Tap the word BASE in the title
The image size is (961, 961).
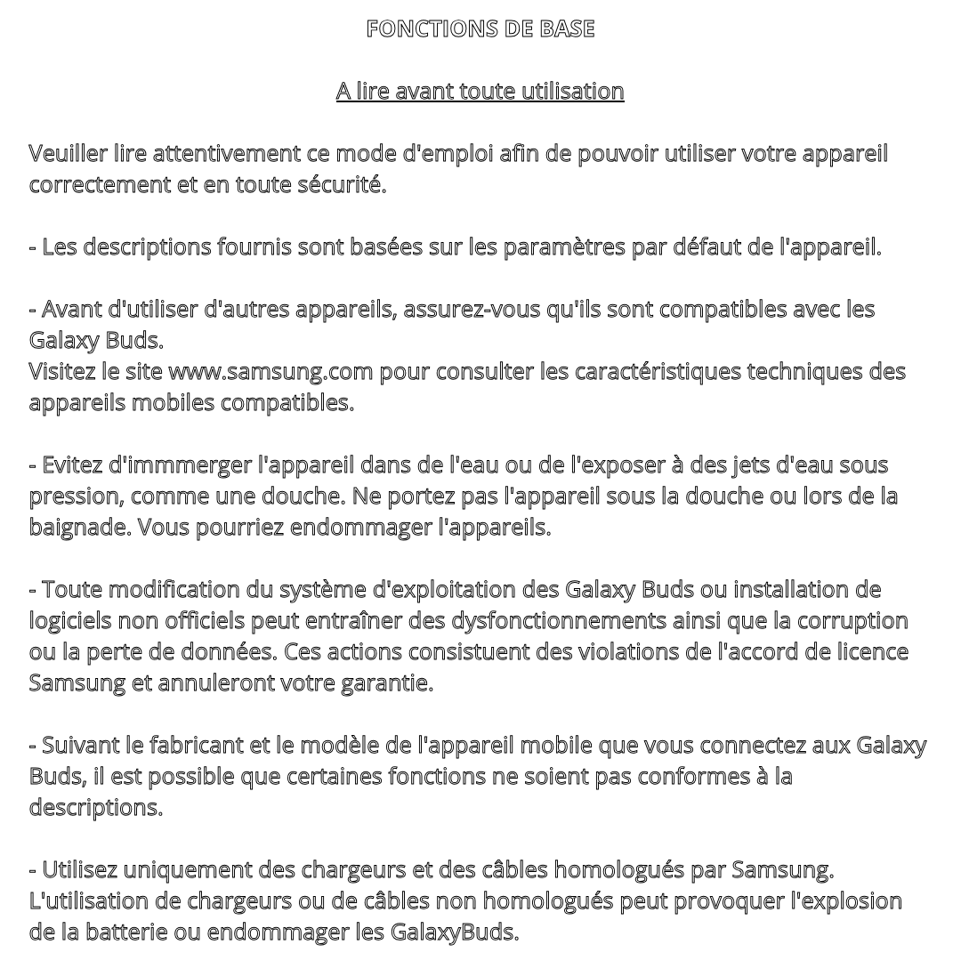pyautogui.click(x=566, y=28)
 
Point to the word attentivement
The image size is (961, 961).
pyautogui.click(x=226, y=153)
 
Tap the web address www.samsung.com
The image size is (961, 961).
pyautogui.click(x=271, y=371)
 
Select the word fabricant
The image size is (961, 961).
pyautogui.click(x=198, y=745)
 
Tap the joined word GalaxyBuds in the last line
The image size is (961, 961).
pyautogui.click(x=454, y=932)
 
